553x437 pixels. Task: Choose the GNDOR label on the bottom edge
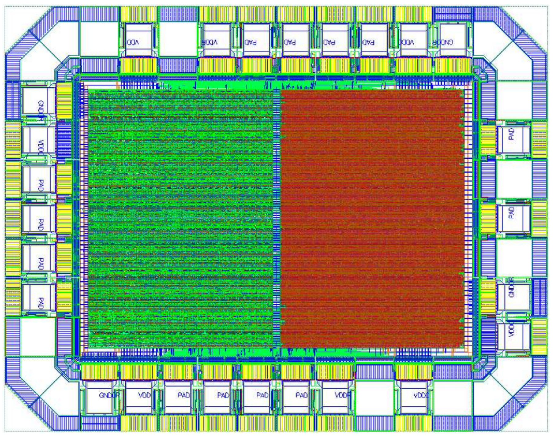(109, 395)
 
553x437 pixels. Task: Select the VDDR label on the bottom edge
(342, 395)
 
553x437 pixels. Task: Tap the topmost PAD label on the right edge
(511, 134)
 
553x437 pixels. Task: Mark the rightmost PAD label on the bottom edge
(301, 395)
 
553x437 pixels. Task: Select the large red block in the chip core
(371, 219)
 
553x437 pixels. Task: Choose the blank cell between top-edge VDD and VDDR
(178, 40)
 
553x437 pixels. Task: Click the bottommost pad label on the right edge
(511, 330)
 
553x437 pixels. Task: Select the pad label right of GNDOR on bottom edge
(144, 395)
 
